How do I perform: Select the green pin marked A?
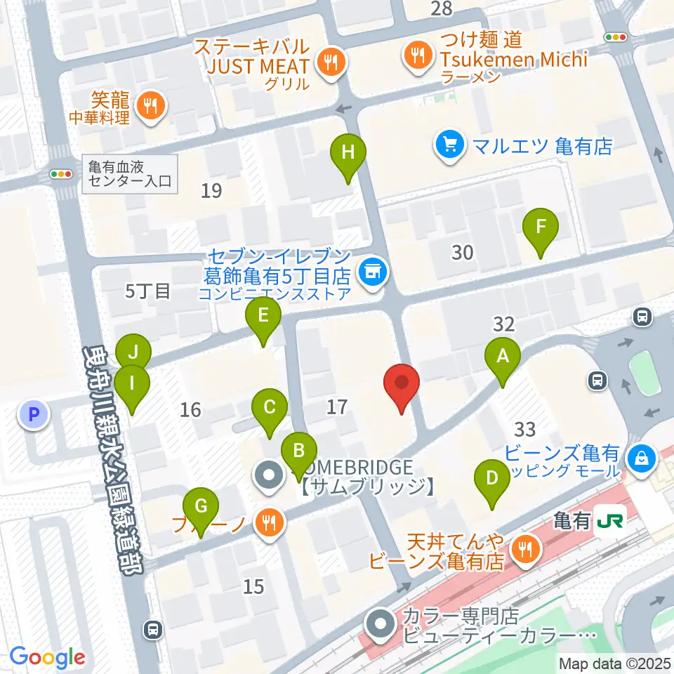click(x=503, y=357)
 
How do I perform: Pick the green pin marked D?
click(x=492, y=480)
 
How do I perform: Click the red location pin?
click(x=402, y=385)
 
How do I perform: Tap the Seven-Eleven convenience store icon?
click(x=372, y=272)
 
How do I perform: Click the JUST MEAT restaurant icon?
click(x=329, y=62)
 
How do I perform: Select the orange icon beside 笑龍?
click(x=150, y=106)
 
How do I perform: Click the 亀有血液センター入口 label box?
click(x=130, y=173)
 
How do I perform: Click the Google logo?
click(x=47, y=657)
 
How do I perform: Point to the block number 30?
click(x=462, y=252)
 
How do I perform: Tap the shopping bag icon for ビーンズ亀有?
click(x=642, y=460)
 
